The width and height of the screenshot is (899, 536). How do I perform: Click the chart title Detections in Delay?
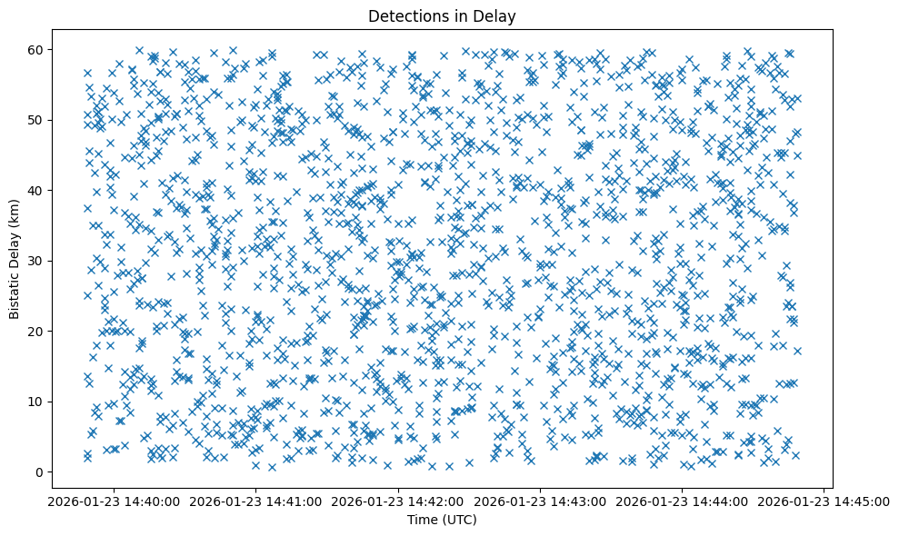(441, 15)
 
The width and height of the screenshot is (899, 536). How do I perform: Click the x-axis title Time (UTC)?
(441, 520)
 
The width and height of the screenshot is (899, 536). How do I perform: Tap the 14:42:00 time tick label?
(398, 501)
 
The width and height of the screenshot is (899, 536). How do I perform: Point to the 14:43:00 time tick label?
(540, 501)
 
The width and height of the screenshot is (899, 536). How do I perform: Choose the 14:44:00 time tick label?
(683, 501)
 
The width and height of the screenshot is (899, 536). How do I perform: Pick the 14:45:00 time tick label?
(824, 501)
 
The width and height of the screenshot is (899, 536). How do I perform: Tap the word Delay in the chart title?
(496, 15)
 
